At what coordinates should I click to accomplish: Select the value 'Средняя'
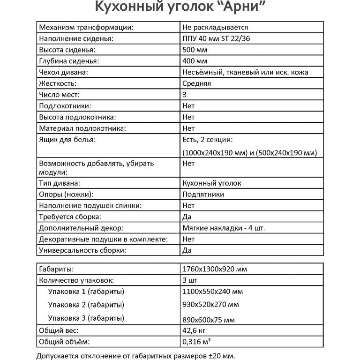197,84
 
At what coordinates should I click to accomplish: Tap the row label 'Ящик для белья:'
67,140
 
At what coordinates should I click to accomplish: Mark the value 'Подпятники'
203,195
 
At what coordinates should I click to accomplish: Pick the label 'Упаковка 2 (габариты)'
86,305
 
